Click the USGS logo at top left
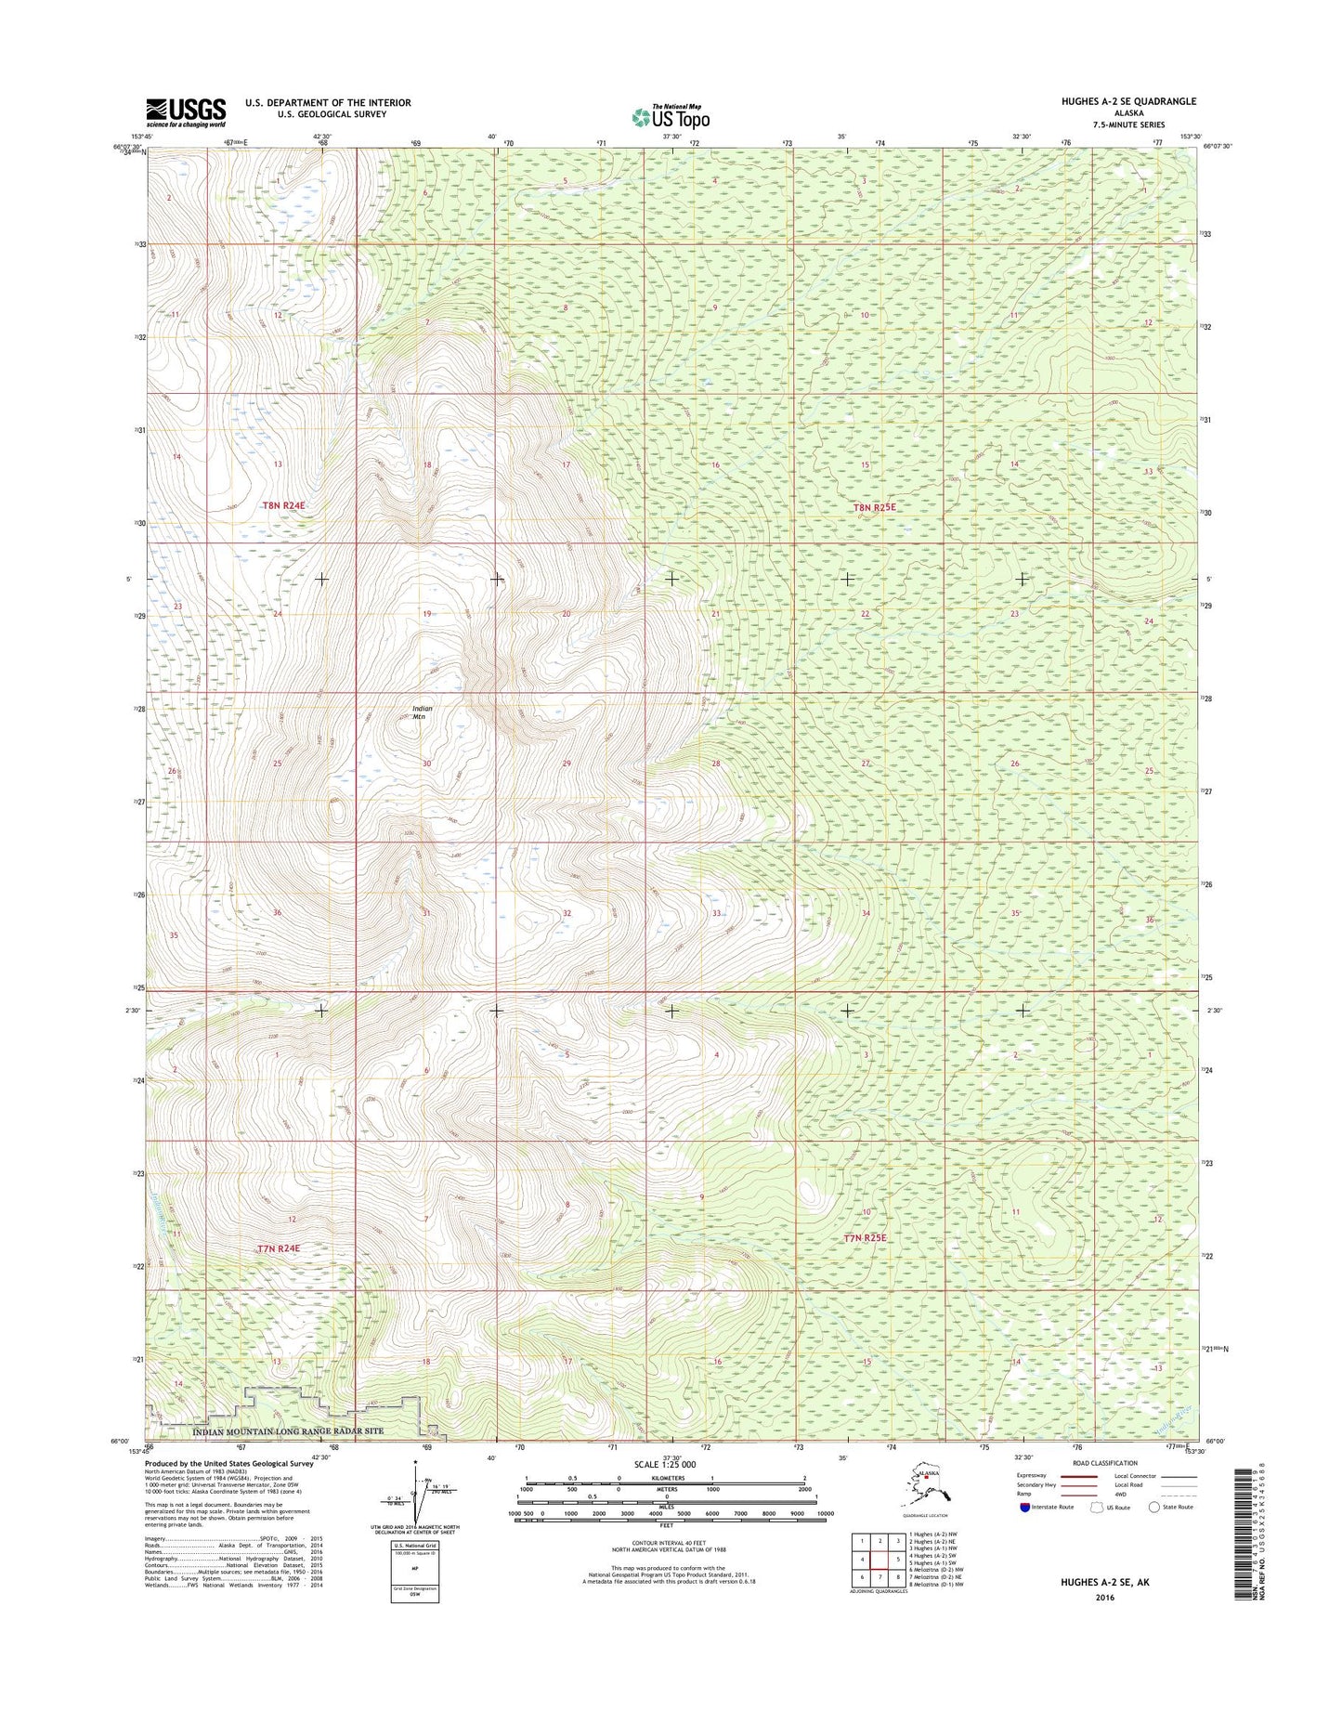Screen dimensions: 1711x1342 pos(186,111)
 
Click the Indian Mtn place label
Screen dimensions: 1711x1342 pos(422,712)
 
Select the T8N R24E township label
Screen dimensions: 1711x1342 pos(283,505)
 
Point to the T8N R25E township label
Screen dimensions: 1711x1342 pos(876,508)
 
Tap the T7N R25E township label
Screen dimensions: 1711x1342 pos(866,1238)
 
